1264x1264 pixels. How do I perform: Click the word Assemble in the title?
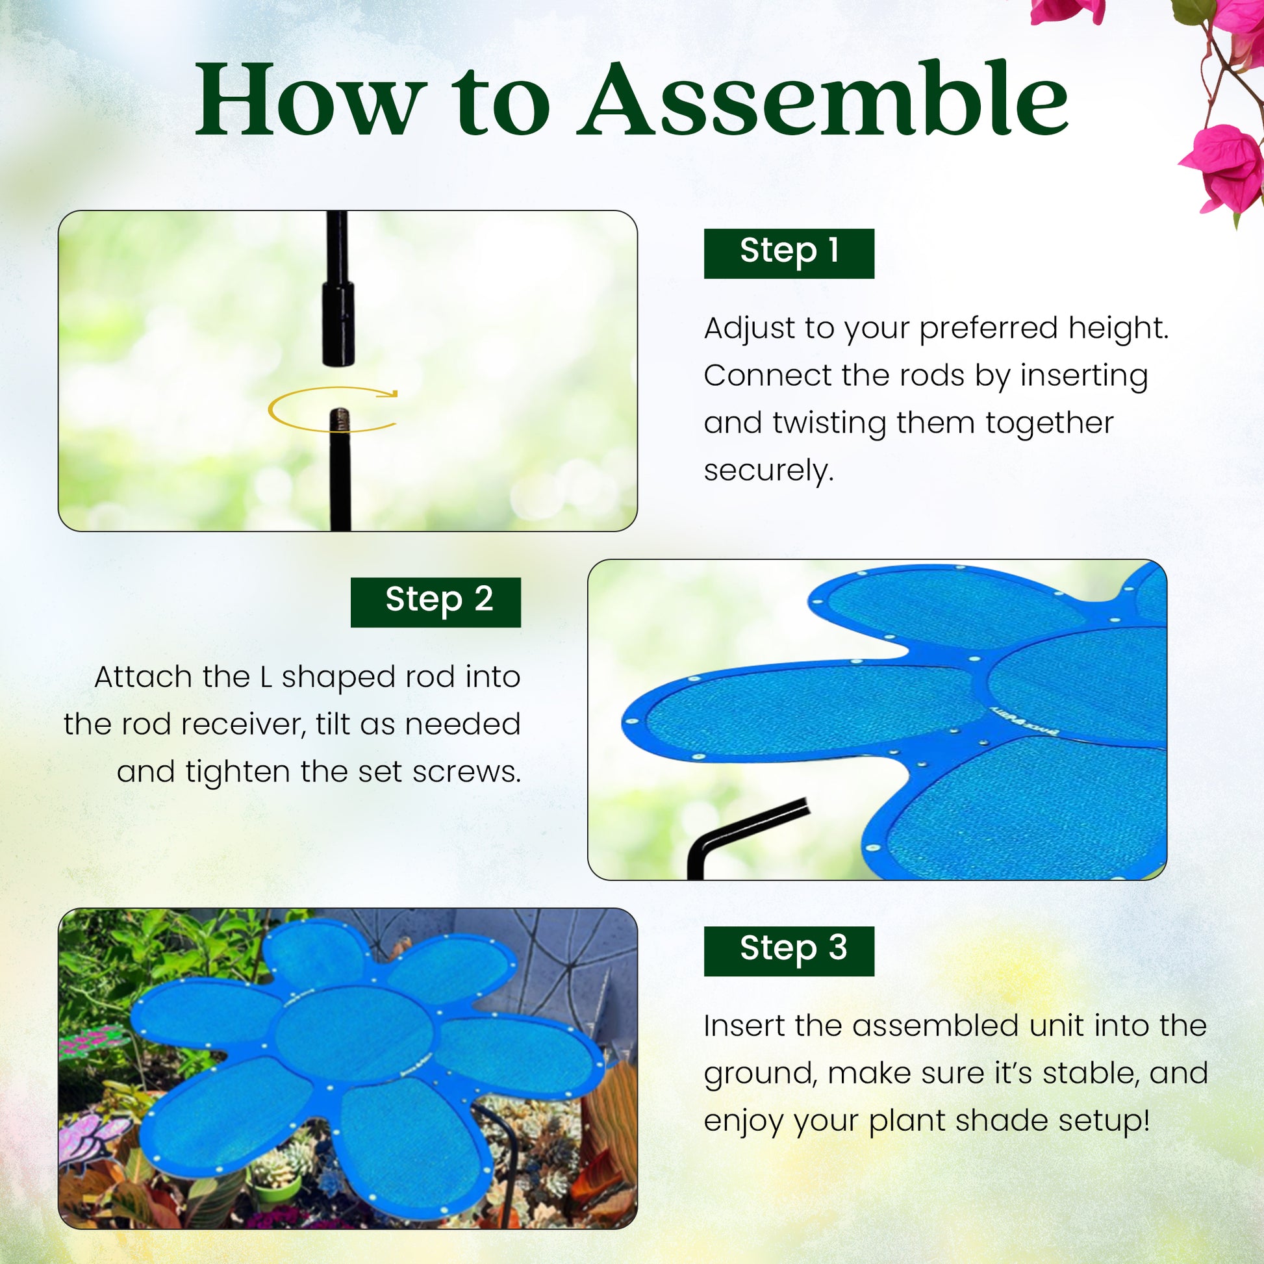823,99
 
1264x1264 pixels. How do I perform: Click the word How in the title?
307,99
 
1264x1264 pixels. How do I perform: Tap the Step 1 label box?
789,253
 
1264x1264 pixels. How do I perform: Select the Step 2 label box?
436,602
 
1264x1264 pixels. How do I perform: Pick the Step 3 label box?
789,951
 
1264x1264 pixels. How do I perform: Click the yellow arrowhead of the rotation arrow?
391,393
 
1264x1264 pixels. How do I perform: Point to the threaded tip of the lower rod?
340,420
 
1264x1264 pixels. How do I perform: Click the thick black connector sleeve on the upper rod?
338,323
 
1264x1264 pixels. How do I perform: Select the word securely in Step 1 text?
769,470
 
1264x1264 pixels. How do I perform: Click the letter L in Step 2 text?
265,677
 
